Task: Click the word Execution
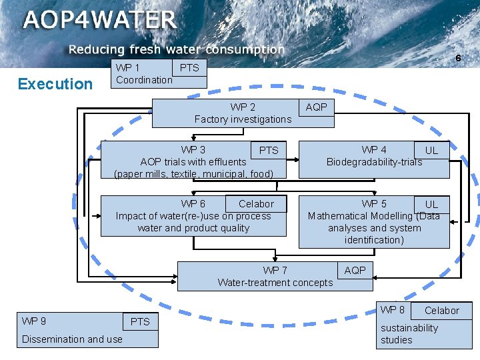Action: (55, 84)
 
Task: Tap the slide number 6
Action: (458, 59)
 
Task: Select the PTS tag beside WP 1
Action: (189, 67)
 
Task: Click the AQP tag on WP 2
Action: (316, 107)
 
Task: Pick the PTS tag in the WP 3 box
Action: (269, 150)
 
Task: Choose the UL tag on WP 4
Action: (431, 150)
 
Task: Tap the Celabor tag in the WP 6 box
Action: (256, 204)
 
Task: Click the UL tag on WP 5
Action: (431, 205)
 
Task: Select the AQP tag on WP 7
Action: (355, 270)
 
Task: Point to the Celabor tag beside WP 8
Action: (441, 311)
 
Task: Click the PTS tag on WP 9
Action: (140, 322)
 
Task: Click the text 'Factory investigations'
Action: (243, 119)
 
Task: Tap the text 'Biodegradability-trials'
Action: (374, 162)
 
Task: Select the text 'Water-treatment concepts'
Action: (275, 283)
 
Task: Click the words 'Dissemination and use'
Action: (72, 339)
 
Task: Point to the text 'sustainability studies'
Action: (409, 334)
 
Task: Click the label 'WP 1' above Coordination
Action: (127, 67)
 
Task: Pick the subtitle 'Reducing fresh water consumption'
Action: (177, 49)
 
